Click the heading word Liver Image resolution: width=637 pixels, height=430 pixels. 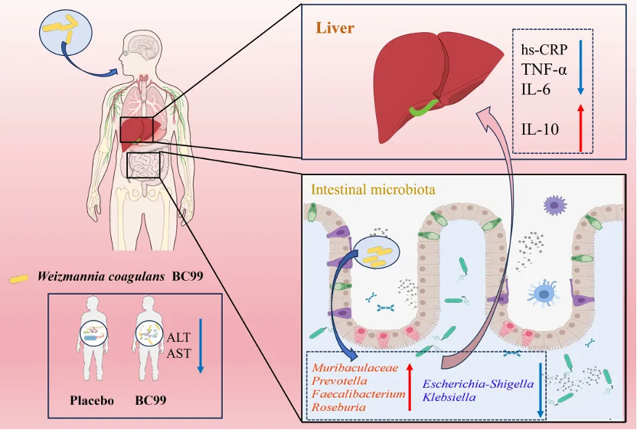(335, 28)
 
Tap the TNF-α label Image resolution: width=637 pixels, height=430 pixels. (544, 70)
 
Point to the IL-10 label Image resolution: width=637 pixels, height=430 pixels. (541, 128)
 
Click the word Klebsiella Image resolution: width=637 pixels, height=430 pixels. (450, 398)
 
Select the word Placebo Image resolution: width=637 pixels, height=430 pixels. (93, 400)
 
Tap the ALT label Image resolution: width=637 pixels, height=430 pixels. (178, 337)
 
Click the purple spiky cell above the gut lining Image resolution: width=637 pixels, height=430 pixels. (553, 204)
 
